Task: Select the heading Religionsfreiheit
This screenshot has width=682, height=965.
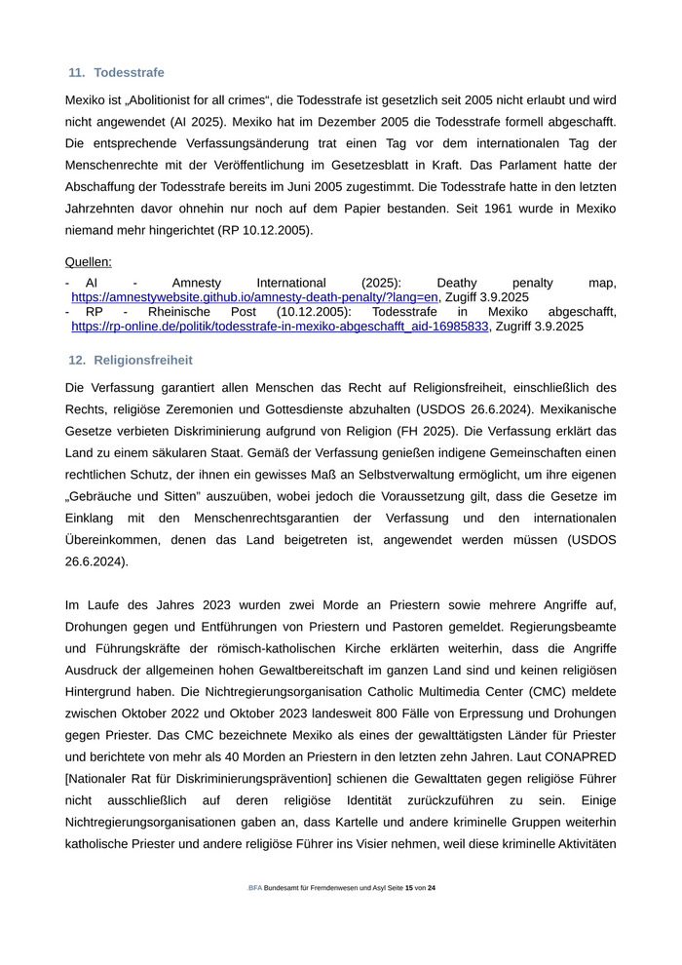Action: coord(142,360)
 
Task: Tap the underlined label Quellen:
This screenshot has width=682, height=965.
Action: coord(88,261)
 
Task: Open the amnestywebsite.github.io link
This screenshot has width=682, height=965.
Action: coord(254,296)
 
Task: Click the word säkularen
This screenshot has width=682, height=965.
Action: coord(185,453)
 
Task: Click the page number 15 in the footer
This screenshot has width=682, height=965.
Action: coord(409,888)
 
